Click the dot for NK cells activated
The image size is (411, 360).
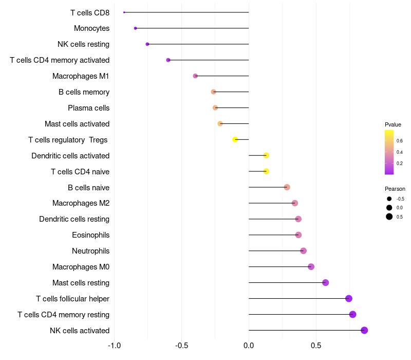[364, 330]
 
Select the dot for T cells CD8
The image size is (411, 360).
[124, 12]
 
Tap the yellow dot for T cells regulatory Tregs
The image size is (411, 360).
[235, 139]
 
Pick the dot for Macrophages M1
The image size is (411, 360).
[195, 76]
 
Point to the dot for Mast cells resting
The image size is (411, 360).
[325, 282]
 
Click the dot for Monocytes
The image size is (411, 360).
[135, 28]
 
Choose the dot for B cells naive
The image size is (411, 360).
[287, 187]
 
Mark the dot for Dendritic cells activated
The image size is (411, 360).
[266, 155]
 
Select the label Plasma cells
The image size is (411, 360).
[88, 108]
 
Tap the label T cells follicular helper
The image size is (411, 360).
[72, 299]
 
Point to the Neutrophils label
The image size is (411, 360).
[90, 251]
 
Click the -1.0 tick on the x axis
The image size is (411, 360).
[115, 345]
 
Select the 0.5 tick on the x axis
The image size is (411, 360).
[316, 345]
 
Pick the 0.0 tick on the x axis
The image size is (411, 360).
[249, 345]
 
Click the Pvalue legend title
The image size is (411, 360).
[393, 124]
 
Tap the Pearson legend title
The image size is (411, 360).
[395, 189]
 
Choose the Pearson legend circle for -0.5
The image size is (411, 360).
[389, 199]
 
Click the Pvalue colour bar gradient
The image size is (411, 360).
[389, 152]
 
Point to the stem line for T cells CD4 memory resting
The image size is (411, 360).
[301, 314]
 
